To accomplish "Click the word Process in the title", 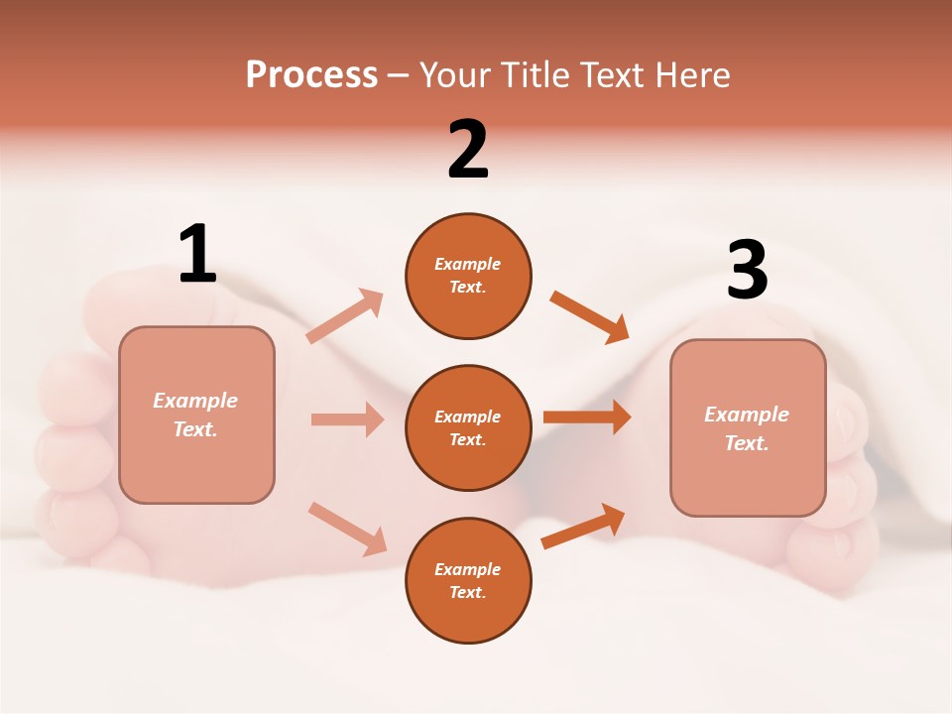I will (311, 75).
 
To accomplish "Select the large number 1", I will (197, 254).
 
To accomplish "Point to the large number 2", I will (468, 150).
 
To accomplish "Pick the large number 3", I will (748, 271).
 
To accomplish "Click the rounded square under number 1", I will (196, 415).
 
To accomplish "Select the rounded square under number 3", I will (748, 427).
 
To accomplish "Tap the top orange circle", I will (468, 276).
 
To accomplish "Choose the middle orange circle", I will (468, 427).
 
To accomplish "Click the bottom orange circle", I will (468, 580).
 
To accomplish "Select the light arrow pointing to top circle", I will (345, 316).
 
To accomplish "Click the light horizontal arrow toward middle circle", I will (347, 419).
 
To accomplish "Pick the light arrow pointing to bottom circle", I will (347, 529).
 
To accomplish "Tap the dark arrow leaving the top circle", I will (589, 316).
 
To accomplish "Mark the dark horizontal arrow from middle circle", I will (587, 417).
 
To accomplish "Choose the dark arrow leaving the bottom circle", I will (583, 526).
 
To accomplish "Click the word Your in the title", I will (454, 75).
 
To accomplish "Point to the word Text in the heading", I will (609, 75).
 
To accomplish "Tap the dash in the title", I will (399, 75).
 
